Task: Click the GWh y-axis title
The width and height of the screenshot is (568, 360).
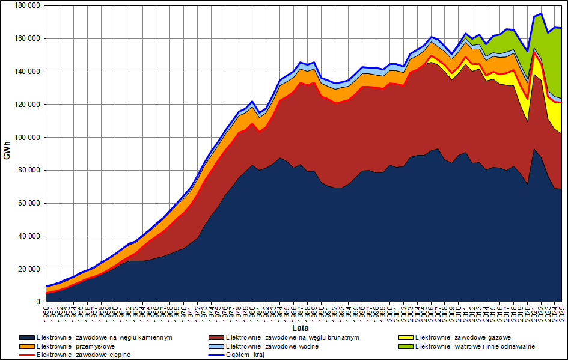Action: [7, 153]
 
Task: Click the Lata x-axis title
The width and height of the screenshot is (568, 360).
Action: [301, 328]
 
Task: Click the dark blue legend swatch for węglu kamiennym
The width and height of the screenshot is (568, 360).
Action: [26, 338]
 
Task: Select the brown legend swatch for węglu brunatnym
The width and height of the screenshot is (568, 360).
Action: [216, 338]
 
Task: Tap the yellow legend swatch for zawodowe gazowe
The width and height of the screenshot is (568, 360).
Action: [406, 338]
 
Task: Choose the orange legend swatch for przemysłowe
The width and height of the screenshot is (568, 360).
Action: [26, 346]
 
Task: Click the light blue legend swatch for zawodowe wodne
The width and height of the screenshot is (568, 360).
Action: [216, 346]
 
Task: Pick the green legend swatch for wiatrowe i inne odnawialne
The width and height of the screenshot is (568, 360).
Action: [406, 346]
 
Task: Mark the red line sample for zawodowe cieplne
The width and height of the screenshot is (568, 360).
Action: [26, 355]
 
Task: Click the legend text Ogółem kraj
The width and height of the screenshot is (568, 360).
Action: [246, 355]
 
